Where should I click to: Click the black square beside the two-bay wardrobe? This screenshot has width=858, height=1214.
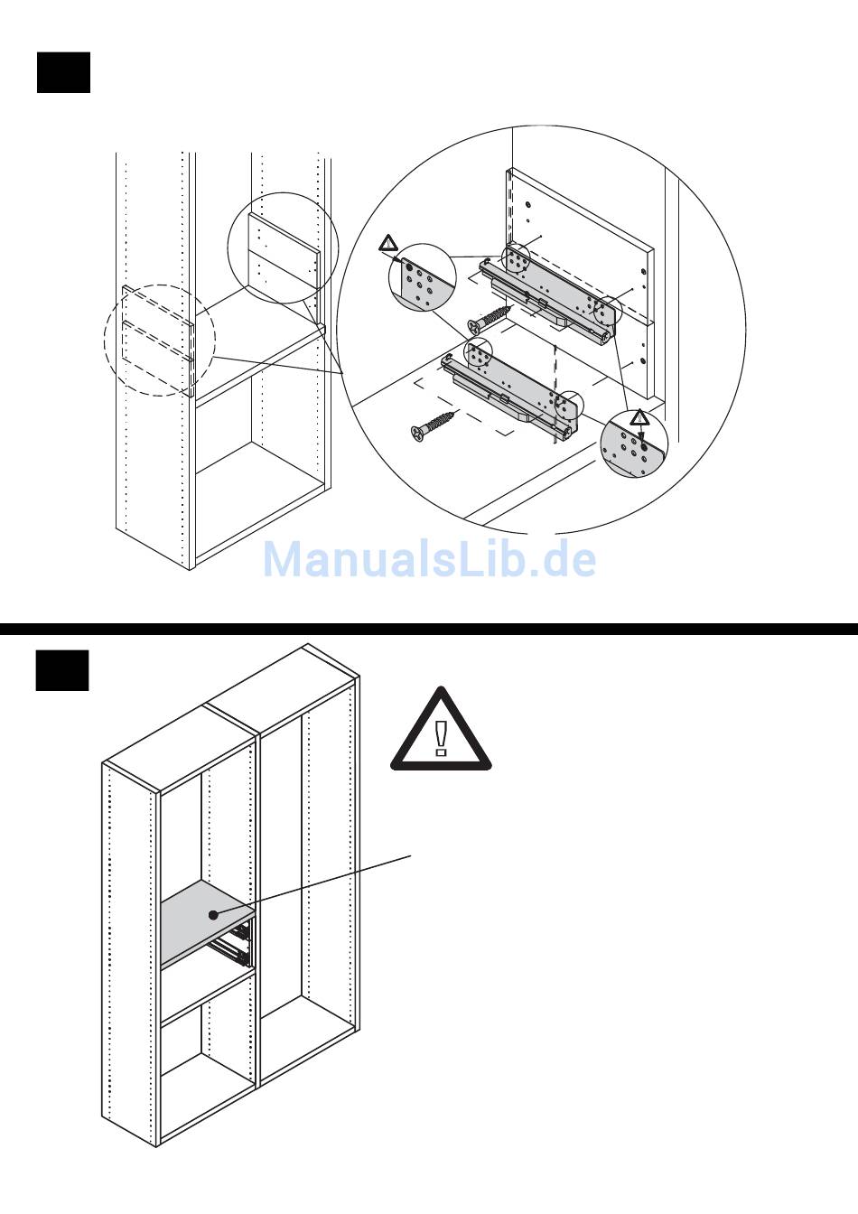click(62, 670)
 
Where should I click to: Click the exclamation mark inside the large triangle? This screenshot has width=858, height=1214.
click(441, 735)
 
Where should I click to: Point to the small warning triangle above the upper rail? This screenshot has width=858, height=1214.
click(388, 243)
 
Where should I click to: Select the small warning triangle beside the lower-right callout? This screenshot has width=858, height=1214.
click(639, 417)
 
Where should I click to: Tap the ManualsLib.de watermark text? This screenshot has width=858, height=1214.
click(429, 559)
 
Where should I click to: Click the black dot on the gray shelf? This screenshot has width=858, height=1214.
click(214, 914)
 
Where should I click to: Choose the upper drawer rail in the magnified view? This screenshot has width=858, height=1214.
click(551, 298)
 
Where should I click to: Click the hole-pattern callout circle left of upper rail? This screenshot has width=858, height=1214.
click(419, 277)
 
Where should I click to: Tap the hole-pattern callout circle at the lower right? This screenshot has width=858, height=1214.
click(634, 444)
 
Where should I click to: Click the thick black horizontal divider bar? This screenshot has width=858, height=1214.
click(429, 629)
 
